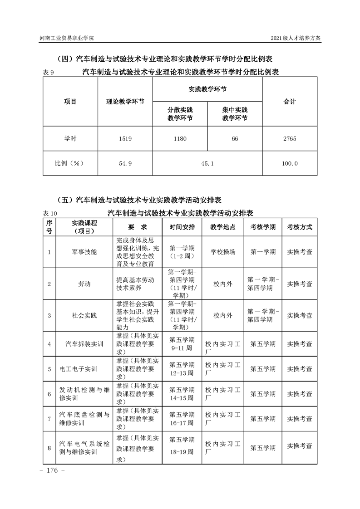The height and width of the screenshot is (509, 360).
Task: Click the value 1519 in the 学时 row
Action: [125, 139]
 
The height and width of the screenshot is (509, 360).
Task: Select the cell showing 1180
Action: [180, 139]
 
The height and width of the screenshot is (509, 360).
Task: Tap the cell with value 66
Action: [235, 139]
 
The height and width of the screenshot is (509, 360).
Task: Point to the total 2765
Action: [290, 139]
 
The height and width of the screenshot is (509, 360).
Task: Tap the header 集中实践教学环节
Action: [235, 114]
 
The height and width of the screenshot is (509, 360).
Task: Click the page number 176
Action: [54, 470]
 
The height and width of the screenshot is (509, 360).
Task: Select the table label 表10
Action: [50, 213]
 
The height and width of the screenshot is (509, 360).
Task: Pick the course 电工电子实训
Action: [79, 369]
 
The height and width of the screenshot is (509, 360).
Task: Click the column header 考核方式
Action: [300, 227]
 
